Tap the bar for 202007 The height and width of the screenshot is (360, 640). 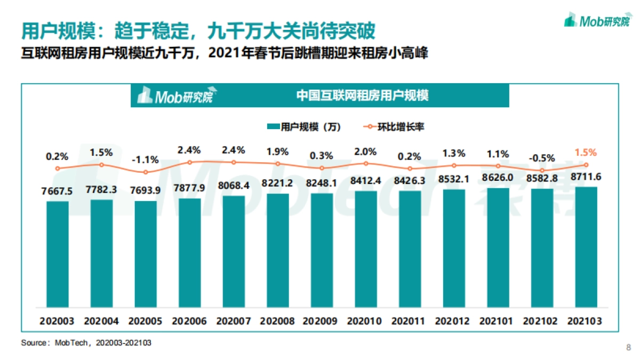tap(234, 251)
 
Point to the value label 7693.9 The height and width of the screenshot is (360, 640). tap(145, 190)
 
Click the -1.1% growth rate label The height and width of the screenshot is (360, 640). tap(145, 159)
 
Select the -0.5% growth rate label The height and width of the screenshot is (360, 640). tap(541, 158)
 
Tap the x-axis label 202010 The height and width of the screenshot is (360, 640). tap(365, 322)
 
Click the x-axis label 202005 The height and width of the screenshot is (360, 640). tap(145, 322)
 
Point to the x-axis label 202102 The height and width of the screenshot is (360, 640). tap(541, 322)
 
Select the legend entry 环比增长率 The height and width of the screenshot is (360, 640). tap(394, 127)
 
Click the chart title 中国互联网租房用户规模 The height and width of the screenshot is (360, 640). tap(362, 96)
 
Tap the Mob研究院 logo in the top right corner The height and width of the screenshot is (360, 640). tap(596, 21)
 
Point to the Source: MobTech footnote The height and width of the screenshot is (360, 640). tap(86, 343)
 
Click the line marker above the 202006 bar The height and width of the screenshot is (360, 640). tap(189, 162)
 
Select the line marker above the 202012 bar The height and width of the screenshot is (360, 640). tap(453, 165)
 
